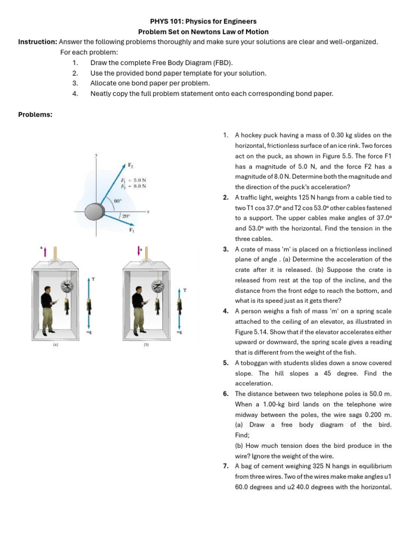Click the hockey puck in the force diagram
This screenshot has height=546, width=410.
tap(97, 210)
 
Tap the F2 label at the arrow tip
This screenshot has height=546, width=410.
tap(131, 165)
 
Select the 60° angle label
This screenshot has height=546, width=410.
tap(117, 200)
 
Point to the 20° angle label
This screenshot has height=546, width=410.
tap(125, 216)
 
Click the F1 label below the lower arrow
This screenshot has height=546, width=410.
tap(131, 230)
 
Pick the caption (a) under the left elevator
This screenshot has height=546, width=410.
tap(56, 344)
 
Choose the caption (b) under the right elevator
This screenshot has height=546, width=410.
tap(146, 344)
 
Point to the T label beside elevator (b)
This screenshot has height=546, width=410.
tap(185, 290)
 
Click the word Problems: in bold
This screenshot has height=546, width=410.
tap(35, 114)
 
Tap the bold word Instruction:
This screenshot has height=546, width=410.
tap(37, 42)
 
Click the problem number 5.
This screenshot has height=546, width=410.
tap(226, 363)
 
